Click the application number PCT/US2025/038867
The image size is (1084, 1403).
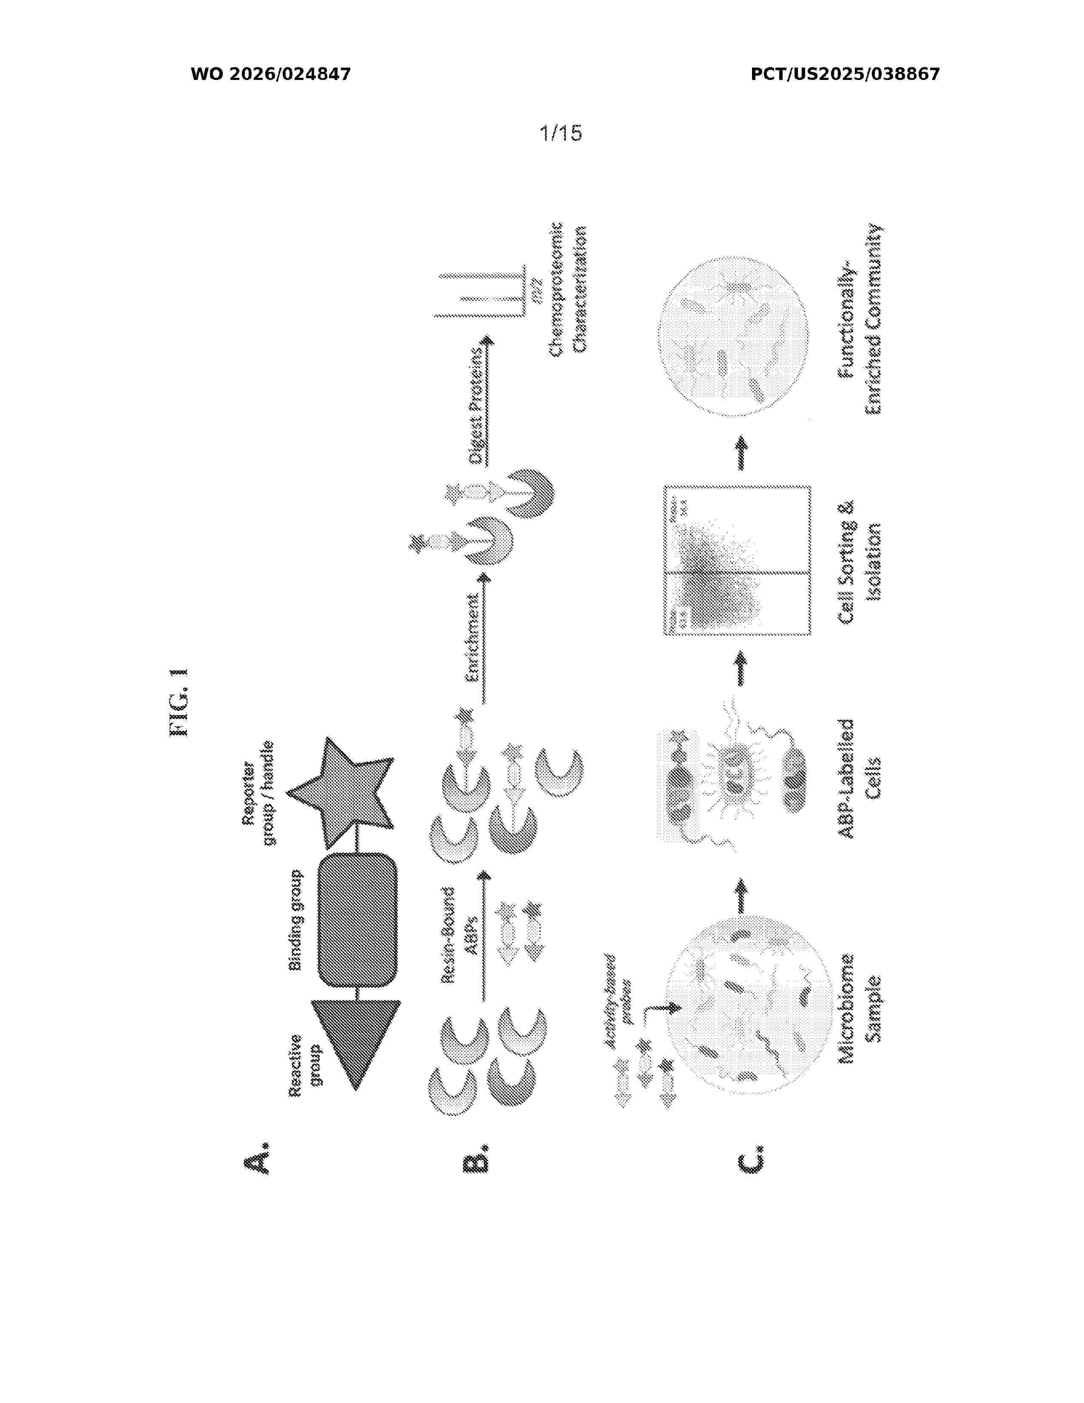pos(845,74)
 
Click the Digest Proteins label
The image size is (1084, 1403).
pos(477,405)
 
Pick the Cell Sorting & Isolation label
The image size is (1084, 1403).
pos(859,561)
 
